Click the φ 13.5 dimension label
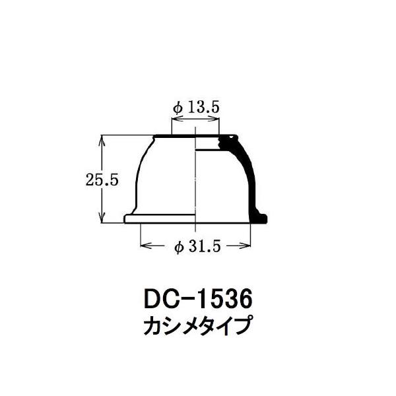point(196,108)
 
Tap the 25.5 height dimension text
point(102,180)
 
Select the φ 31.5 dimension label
point(197,246)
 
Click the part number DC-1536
point(198,299)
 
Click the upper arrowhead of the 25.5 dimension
point(102,140)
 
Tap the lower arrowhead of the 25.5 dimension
point(102,218)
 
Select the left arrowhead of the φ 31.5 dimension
point(147,246)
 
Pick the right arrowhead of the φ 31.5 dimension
point(244,246)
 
